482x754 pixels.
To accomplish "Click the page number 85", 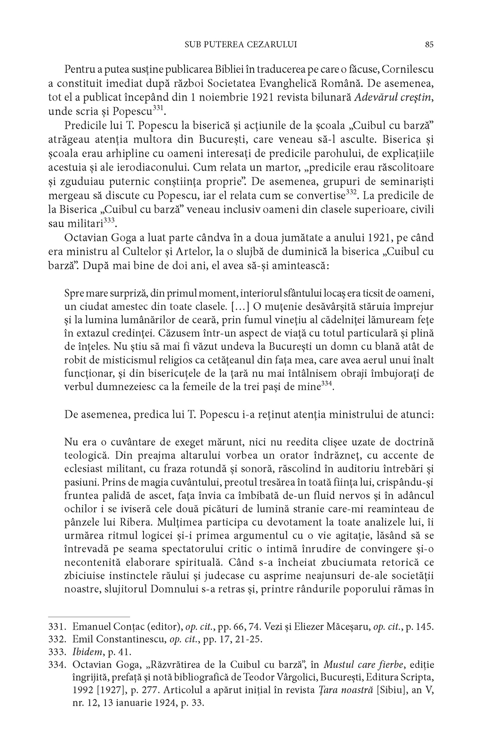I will point(429,45).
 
